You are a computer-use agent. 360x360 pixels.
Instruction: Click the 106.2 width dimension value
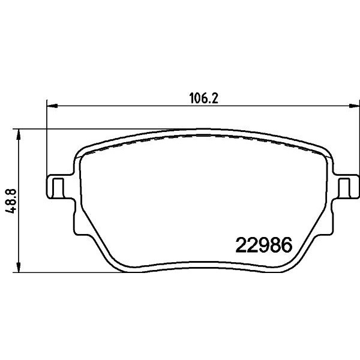point(200,98)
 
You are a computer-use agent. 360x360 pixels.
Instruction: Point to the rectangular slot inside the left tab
point(58,187)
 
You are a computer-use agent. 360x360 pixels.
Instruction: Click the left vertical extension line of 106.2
point(47,138)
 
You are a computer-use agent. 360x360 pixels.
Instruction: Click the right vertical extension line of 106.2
point(353,138)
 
